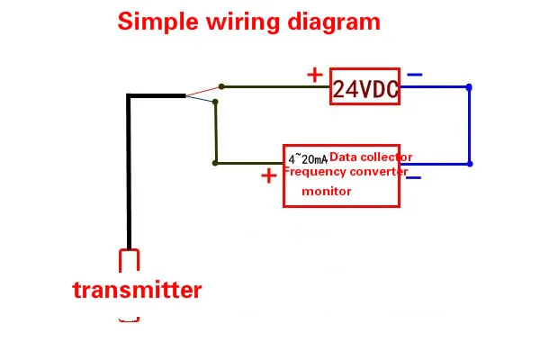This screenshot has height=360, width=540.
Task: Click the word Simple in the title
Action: [x=158, y=22]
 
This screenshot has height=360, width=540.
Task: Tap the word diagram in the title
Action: [x=334, y=22]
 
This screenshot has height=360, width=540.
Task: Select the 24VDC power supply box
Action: [x=364, y=86]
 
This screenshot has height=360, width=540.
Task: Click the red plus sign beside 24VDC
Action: [x=315, y=75]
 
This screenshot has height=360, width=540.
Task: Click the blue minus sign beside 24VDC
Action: [x=415, y=75]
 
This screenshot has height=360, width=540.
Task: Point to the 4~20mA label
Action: [x=308, y=159]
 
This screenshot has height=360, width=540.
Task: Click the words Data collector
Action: [x=371, y=157]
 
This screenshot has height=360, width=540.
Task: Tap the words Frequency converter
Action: [x=346, y=172]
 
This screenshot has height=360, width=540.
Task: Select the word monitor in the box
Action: [x=327, y=191]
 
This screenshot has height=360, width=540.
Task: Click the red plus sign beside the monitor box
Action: [x=269, y=176]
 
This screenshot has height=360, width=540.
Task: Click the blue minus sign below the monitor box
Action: [x=414, y=178]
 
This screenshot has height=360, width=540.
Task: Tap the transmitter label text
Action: [x=137, y=290]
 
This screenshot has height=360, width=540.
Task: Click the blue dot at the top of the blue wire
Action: [x=469, y=87]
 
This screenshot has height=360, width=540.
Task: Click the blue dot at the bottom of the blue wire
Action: [x=470, y=164]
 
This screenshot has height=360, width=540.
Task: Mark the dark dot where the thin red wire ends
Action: [x=221, y=86]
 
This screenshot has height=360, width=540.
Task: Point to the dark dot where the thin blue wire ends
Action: [x=215, y=102]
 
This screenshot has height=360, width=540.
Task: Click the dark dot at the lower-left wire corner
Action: [x=215, y=163]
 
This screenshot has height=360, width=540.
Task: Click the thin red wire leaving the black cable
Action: [x=202, y=91]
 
